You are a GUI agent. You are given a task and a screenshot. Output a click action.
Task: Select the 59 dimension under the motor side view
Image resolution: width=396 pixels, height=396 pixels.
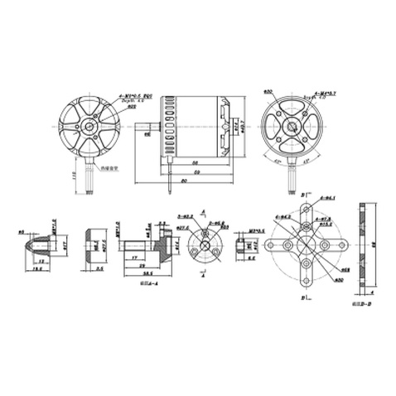pos(197,172)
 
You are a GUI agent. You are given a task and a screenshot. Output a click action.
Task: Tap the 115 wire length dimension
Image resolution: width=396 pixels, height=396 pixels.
pos(75,176)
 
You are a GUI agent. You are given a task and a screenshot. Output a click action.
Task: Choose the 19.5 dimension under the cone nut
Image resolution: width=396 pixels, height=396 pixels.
pos(39,268)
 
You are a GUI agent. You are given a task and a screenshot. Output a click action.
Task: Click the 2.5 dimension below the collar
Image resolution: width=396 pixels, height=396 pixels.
pos(99,268)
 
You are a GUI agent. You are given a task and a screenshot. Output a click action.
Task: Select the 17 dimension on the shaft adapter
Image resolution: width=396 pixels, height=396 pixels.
pos(134,257)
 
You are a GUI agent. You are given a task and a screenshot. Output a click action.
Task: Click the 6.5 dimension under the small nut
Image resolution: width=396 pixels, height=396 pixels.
pos(252,259)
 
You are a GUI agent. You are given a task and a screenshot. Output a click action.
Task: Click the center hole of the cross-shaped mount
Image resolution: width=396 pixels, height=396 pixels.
pos(304,245)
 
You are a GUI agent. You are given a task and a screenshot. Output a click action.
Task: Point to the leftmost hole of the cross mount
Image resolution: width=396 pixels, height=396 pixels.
pos(270,245)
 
